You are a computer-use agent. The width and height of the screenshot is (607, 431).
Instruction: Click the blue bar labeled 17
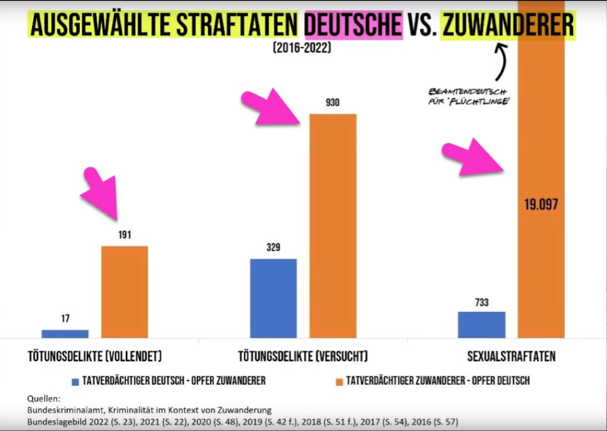[65, 334]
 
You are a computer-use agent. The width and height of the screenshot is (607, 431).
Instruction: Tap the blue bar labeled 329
[273, 298]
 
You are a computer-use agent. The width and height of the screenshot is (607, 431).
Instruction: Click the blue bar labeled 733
[481, 325]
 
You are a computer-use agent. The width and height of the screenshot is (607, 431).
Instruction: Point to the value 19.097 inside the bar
[541, 205]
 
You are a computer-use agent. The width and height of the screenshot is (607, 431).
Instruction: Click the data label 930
[333, 103]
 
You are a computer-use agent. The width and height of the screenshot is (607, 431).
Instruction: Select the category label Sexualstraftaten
[511, 356]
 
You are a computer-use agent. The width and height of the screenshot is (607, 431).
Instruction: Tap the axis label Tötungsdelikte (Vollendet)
[95, 356]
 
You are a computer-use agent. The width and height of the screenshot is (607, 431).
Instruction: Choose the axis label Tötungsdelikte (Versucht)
[303, 356]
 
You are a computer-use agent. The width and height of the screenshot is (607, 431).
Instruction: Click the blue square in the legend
[75, 382]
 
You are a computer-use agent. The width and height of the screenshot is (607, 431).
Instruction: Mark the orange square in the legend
[339, 382]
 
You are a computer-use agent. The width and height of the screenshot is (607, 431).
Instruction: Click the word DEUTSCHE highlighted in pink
[353, 25]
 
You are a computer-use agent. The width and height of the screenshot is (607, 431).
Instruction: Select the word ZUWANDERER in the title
[508, 25]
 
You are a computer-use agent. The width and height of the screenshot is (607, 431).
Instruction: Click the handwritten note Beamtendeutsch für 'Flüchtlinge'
[468, 97]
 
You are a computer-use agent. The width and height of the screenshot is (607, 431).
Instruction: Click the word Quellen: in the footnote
[44, 399]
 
